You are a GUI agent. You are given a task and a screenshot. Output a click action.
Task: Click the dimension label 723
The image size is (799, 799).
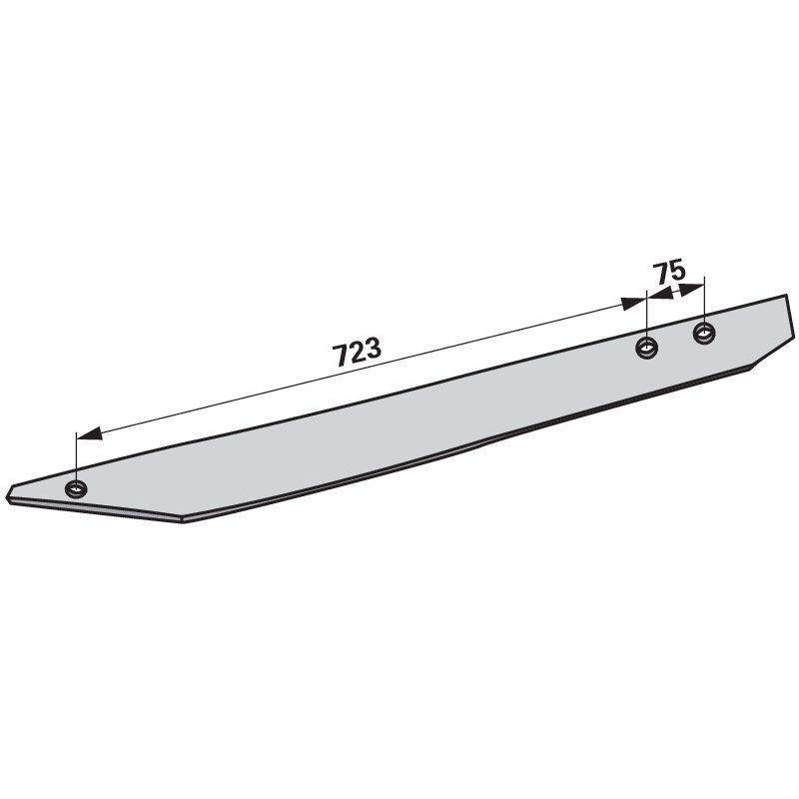click(x=357, y=352)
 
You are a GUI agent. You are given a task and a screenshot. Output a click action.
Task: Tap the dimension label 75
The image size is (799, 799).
click(x=670, y=273)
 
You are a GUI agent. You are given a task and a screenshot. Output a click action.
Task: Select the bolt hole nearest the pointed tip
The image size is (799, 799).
click(x=76, y=489)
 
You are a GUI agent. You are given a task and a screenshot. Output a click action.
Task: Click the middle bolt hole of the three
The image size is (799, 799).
click(x=646, y=348)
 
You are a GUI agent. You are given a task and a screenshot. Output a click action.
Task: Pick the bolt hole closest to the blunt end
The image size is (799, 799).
click(x=704, y=334)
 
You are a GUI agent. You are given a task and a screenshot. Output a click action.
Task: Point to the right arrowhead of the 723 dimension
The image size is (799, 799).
click(x=633, y=304)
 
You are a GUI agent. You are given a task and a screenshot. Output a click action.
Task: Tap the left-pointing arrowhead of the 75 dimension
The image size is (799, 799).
click(x=659, y=294)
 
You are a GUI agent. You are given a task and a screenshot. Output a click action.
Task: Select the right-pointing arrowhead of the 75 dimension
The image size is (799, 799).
click(x=691, y=289)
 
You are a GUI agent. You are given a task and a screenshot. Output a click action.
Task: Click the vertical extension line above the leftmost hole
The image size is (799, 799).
click(x=76, y=456)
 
